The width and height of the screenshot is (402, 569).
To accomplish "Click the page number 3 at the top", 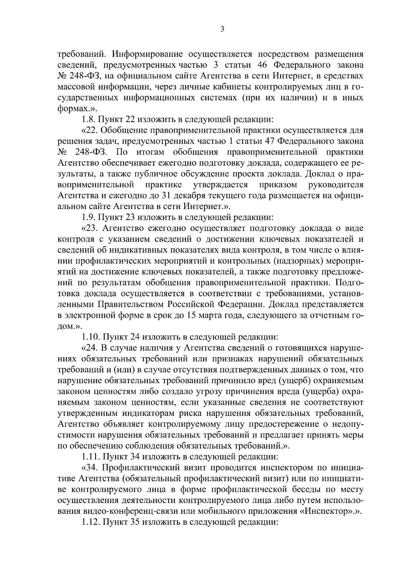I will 222,29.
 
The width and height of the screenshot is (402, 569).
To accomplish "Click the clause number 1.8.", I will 88,119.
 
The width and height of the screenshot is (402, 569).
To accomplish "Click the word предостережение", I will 281,424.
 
